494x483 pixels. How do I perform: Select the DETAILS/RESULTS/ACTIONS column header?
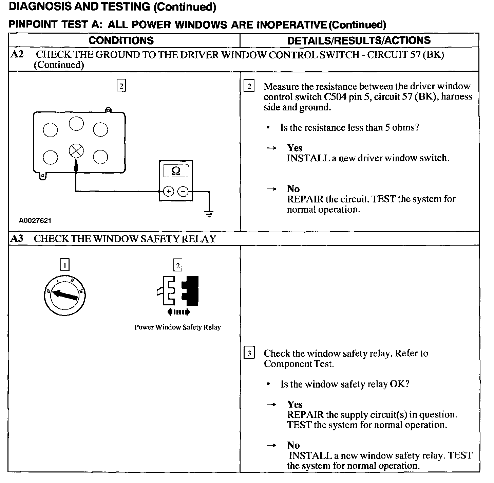[359, 40]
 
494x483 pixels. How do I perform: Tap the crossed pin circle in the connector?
[76, 151]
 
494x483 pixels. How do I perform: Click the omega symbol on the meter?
[176, 171]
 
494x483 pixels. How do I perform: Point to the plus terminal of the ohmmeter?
[169, 192]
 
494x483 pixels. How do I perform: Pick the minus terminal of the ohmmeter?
[183, 192]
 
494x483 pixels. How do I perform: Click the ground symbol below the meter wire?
[209, 214]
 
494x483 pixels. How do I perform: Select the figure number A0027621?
[35, 220]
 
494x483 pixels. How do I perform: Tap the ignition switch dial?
[64, 295]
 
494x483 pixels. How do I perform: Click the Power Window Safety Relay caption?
[177, 327]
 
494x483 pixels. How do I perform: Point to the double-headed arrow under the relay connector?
[178, 312]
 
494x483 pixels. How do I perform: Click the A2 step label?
[17, 54]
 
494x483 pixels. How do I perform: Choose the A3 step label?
[17, 238]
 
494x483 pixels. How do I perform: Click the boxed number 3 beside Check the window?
[249, 354]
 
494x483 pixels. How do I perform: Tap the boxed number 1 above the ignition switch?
[64, 265]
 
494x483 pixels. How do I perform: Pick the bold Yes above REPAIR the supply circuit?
[294, 404]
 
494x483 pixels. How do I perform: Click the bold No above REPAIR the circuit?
[293, 189]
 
